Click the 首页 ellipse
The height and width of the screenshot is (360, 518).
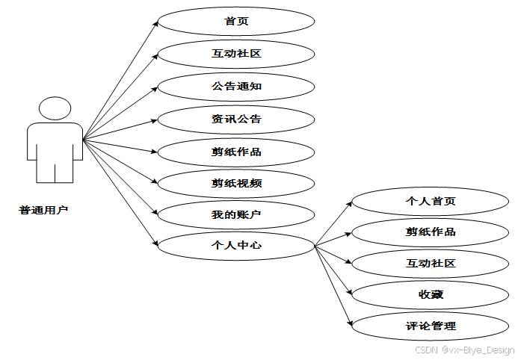click(236, 21)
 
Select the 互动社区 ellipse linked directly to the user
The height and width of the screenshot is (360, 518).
click(236, 54)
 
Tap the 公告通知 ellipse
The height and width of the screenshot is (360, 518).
click(236, 86)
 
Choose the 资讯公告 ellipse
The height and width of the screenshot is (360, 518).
click(236, 119)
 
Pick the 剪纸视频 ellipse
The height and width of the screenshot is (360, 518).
click(236, 184)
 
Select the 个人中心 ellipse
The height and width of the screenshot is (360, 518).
click(236, 244)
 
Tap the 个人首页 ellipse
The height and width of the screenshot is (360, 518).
click(431, 201)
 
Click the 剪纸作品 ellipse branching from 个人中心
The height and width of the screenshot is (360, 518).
click(431, 232)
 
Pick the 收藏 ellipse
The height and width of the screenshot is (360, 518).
click(431, 294)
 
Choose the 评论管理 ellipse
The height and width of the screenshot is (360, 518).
click(431, 326)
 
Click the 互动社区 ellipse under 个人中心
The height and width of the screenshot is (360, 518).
click(431, 263)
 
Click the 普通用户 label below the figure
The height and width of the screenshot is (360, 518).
click(44, 210)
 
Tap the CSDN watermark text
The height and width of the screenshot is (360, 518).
click(464, 350)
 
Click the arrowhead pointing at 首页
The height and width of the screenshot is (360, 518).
click(155, 24)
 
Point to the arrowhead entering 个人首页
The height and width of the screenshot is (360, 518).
click(349, 203)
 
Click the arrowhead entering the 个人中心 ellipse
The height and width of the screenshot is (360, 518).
click(155, 243)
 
